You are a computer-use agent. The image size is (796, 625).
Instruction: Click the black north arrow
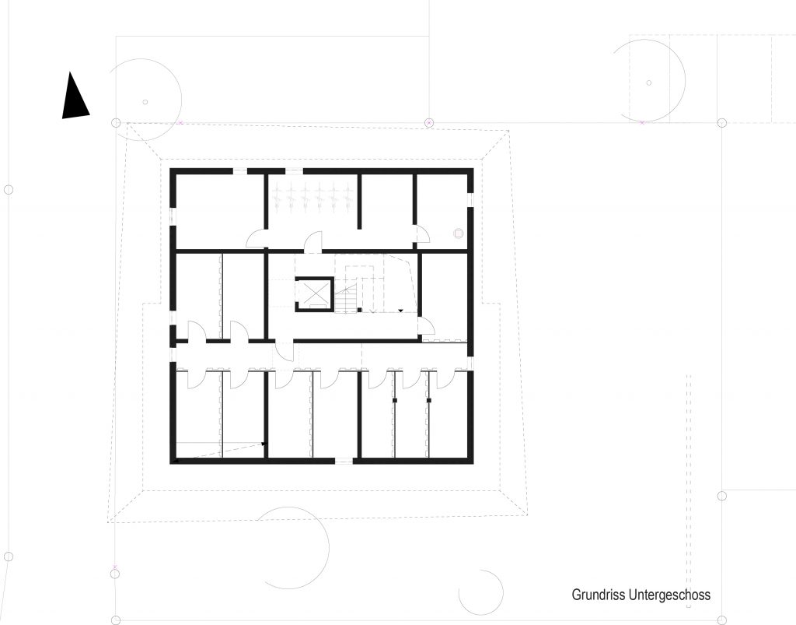(74, 99)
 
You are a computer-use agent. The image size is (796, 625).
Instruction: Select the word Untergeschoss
(669, 595)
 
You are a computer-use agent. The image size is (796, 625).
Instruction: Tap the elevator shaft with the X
(315, 294)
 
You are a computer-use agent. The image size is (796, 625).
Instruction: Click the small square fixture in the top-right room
(459, 233)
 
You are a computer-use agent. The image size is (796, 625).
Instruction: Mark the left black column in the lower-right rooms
(394, 401)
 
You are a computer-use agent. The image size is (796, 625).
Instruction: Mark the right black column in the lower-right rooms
(429, 401)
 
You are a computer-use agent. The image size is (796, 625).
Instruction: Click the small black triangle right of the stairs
(400, 311)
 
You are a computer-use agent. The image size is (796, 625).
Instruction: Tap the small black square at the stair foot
(359, 310)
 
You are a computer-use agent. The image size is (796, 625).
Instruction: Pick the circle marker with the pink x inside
(429, 122)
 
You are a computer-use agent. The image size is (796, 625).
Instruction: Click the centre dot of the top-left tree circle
(145, 102)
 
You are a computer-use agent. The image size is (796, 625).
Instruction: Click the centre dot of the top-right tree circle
(649, 83)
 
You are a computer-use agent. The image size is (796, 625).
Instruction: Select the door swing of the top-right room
(424, 233)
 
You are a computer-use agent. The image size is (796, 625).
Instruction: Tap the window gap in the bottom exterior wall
(344, 461)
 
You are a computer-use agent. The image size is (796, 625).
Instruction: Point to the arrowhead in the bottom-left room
(264, 444)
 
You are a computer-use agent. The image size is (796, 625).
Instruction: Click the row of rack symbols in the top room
(312, 194)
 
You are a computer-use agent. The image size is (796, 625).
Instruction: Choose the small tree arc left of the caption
(481, 592)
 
